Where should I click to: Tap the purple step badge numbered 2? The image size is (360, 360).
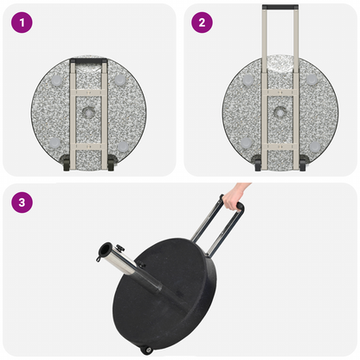click(x=202, y=22)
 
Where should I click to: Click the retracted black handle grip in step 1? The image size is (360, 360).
click(x=89, y=61)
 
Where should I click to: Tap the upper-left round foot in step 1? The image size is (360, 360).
click(x=58, y=80)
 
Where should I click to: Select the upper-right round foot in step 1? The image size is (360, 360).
click(x=120, y=80)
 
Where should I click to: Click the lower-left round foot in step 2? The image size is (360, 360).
click(x=247, y=142)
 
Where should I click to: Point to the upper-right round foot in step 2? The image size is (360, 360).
click(x=311, y=80)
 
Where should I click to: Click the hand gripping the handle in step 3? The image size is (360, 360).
click(x=236, y=195)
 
